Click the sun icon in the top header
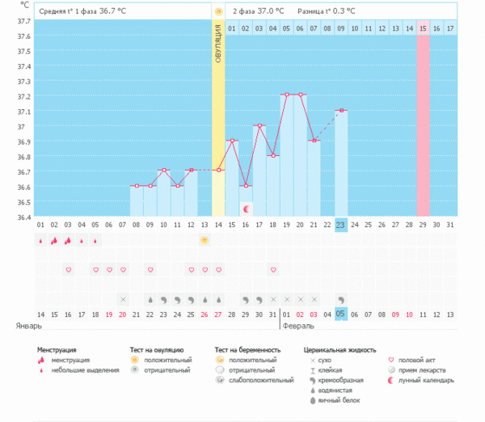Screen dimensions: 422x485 click(217, 11)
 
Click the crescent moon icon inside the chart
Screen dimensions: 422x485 click(246, 209)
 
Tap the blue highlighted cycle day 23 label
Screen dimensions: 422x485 click(341, 225)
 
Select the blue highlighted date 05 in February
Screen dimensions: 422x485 click(341, 314)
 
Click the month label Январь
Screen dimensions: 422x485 click(29, 326)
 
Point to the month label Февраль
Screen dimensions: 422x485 click(297, 326)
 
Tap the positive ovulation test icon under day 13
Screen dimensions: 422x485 click(205, 240)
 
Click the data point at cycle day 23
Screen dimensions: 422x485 click(341, 110)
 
